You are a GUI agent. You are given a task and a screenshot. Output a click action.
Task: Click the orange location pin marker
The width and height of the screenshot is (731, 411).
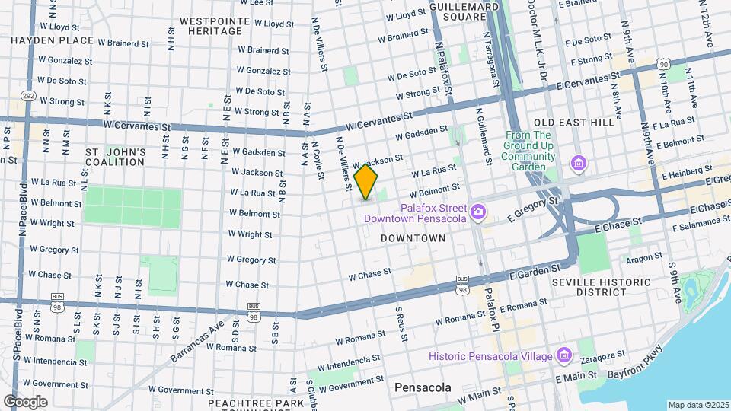(366, 181)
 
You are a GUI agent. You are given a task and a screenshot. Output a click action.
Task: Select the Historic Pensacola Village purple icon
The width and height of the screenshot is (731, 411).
(563, 355)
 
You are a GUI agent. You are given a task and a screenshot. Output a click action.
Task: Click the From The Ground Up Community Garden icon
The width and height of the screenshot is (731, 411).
(578, 163)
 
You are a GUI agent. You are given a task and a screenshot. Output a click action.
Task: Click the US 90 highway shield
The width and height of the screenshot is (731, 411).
(664, 66)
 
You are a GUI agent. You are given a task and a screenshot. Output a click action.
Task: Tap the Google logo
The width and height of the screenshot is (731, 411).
(25, 401)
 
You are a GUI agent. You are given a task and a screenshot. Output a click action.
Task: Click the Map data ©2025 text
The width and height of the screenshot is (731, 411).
(698, 405)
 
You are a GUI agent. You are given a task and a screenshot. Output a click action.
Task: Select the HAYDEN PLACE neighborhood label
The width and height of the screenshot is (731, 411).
(52, 40)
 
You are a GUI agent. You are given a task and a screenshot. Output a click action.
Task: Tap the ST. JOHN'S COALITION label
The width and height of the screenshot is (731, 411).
(115, 157)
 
